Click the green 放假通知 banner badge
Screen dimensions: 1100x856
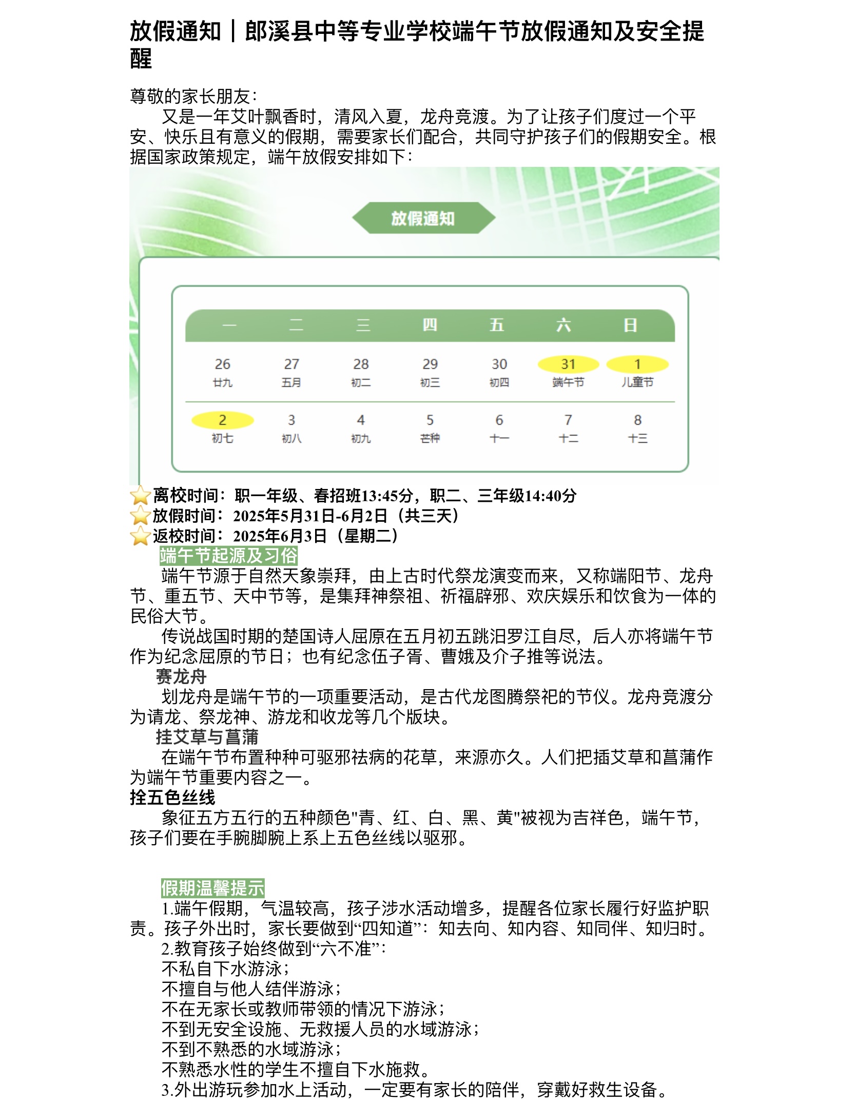pyautogui.click(x=423, y=218)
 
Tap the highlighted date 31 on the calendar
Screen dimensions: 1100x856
pyautogui.click(x=568, y=364)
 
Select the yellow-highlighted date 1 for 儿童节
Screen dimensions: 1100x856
pyautogui.click(x=637, y=364)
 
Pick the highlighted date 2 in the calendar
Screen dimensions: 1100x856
pyautogui.click(x=222, y=420)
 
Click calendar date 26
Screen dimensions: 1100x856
pyautogui.click(x=222, y=364)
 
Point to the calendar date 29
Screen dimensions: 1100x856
pyautogui.click(x=430, y=364)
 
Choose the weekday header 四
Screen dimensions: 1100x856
pyautogui.click(x=430, y=325)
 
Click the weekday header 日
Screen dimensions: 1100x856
pyautogui.click(x=630, y=325)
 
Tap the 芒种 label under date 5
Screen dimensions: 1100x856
pyautogui.click(x=430, y=438)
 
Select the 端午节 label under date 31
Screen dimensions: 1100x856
pyautogui.click(x=568, y=382)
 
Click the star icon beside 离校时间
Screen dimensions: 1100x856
pyautogui.click(x=140, y=496)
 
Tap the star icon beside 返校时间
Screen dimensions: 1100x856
pyautogui.click(x=140, y=536)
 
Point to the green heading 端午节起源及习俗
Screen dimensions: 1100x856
pyautogui.click(x=228, y=556)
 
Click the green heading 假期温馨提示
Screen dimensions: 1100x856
pyautogui.click(x=212, y=888)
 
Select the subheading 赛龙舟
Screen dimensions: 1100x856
pyautogui.click(x=181, y=677)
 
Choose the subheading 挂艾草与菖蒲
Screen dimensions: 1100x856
pyautogui.click(x=207, y=737)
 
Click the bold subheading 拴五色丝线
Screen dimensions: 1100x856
pyautogui.click(x=172, y=798)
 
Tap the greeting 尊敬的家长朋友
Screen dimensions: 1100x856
pyautogui.click(x=193, y=97)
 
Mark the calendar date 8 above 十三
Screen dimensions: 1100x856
pyautogui.click(x=637, y=420)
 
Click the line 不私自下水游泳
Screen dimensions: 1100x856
pyautogui.click(x=225, y=969)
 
